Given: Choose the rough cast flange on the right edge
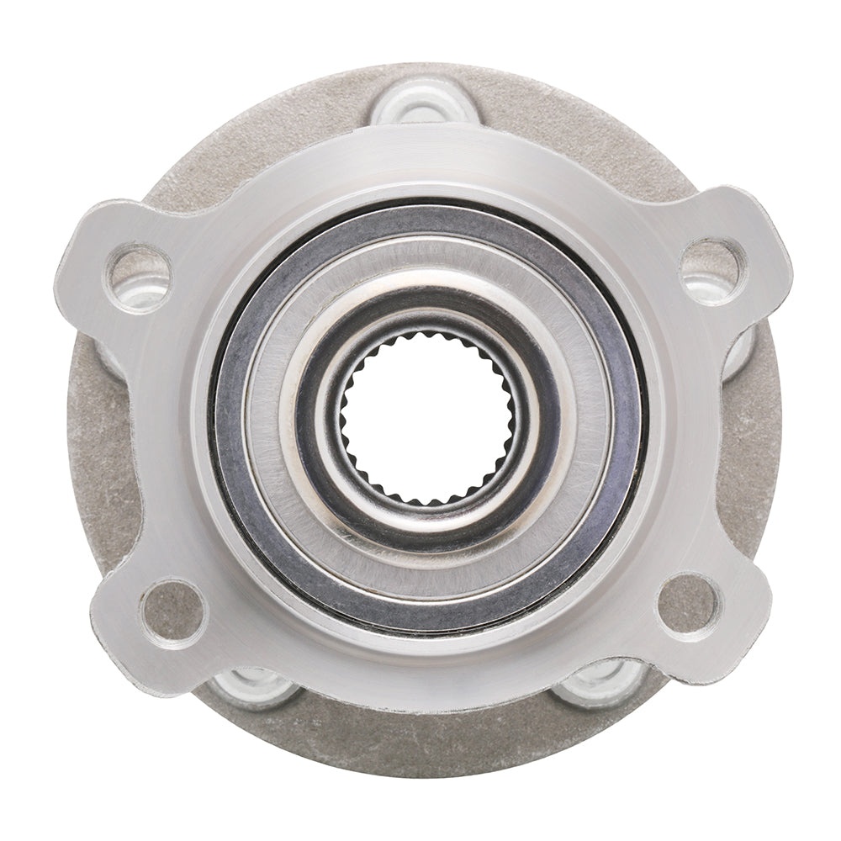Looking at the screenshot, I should pyautogui.click(x=761, y=437).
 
